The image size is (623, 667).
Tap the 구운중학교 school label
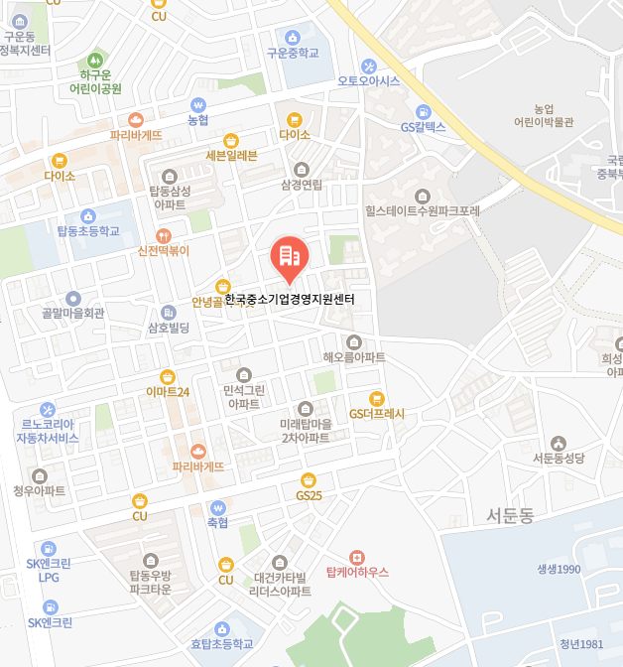[293, 53]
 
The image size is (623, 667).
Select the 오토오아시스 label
[368, 80]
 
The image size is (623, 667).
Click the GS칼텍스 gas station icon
[424, 111]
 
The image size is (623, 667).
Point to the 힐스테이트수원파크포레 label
[423, 210]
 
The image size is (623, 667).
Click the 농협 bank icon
[198, 104]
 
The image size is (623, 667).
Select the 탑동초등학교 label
[87, 231]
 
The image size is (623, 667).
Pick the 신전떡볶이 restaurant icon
[164, 235]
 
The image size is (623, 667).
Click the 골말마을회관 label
[73, 313]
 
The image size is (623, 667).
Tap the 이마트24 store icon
[168, 376]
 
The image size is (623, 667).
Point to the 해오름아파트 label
[354, 356]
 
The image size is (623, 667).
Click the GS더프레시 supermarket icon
[376, 398]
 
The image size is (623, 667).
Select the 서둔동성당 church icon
[559, 443]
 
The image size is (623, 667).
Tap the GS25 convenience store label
[309, 495]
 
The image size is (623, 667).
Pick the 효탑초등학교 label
[222, 643]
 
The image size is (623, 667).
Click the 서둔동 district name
[511, 516]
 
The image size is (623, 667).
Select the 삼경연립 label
[302, 185]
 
